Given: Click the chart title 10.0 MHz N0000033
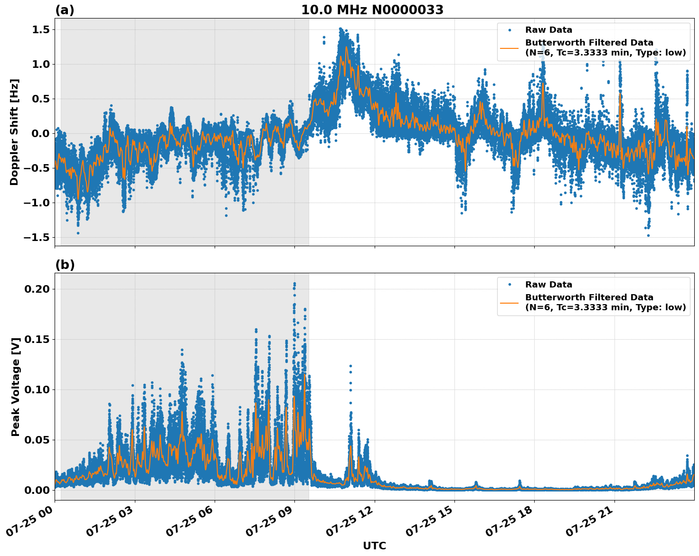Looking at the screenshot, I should tap(372, 10).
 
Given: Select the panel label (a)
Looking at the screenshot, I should tap(65, 10).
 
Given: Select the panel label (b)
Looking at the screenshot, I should tap(65, 265).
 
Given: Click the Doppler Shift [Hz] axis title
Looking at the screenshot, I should tap(14, 132).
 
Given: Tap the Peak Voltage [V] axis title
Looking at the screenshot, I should tap(15, 387).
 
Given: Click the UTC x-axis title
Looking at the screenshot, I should tap(374, 546).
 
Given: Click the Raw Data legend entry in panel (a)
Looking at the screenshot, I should tap(548, 30).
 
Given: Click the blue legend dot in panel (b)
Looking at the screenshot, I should tap(510, 285).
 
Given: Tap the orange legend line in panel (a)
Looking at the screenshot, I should tap(510, 48).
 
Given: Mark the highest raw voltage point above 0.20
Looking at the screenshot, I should tap(294, 284).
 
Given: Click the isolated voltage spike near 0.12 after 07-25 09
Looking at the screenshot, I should tap(350, 366).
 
